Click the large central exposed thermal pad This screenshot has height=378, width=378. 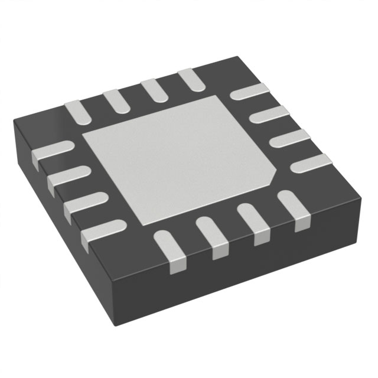(177, 159)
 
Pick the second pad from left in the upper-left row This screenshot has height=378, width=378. (115, 98)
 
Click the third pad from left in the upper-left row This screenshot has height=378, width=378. (154, 87)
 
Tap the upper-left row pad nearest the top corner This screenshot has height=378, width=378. (191, 78)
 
